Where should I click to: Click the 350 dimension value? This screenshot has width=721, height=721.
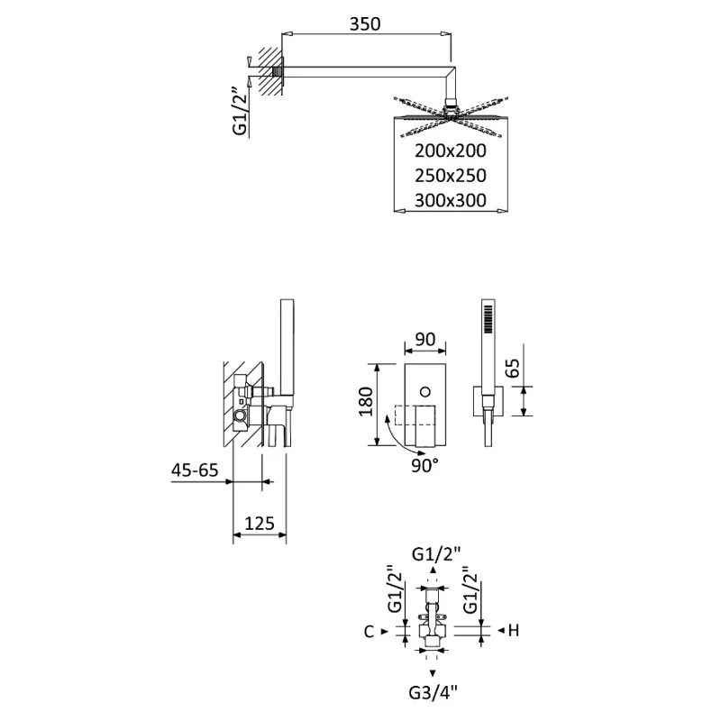pos(366,25)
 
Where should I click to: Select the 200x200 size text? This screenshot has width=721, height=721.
pos(451,151)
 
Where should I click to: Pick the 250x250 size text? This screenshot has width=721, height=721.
pos(451,176)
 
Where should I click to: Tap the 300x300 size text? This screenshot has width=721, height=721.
pos(451,200)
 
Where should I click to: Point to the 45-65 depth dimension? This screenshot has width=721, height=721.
pos(195,470)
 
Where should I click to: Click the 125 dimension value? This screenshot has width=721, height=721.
pos(260,524)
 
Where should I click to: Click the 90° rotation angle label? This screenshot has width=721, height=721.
pos(424,465)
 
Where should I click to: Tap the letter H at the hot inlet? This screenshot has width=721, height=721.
pos(514,632)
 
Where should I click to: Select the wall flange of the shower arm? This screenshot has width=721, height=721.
pos(281,71)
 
